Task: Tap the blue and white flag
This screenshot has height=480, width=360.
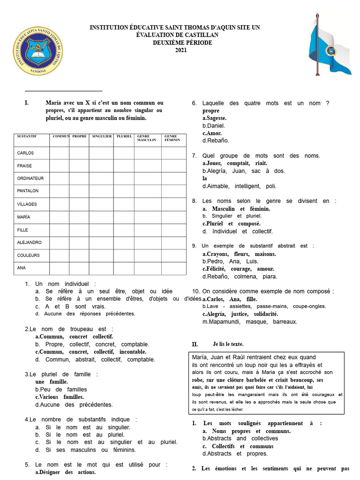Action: [x=330, y=45]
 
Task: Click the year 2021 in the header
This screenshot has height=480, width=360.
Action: [x=180, y=50]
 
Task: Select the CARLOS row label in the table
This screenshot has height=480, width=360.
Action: [x=25, y=153]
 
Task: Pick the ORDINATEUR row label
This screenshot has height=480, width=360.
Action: [x=30, y=179]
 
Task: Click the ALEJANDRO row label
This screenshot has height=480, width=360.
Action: [x=29, y=243]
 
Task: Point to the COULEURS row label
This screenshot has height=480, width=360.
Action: [x=28, y=255]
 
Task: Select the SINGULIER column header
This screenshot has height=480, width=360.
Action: [x=102, y=136]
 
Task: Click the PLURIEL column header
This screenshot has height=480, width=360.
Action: [x=124, y=136]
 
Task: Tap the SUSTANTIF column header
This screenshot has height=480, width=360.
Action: [x=27, y=136]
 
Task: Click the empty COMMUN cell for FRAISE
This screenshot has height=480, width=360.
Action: [x=60, y=166]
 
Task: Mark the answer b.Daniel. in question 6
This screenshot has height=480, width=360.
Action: [x=214, y=126]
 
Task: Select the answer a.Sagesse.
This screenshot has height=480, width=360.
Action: [x=214, y=118]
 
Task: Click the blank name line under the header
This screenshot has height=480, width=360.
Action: [x=63, y=90]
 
